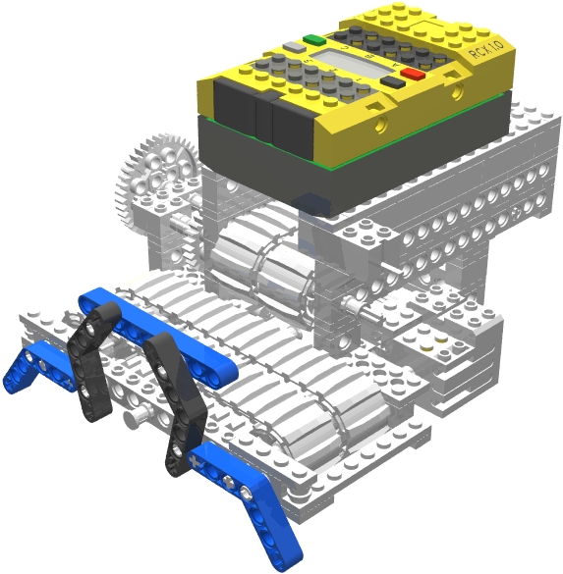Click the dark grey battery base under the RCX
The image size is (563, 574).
pyautogui.click(x=295, y=157)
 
